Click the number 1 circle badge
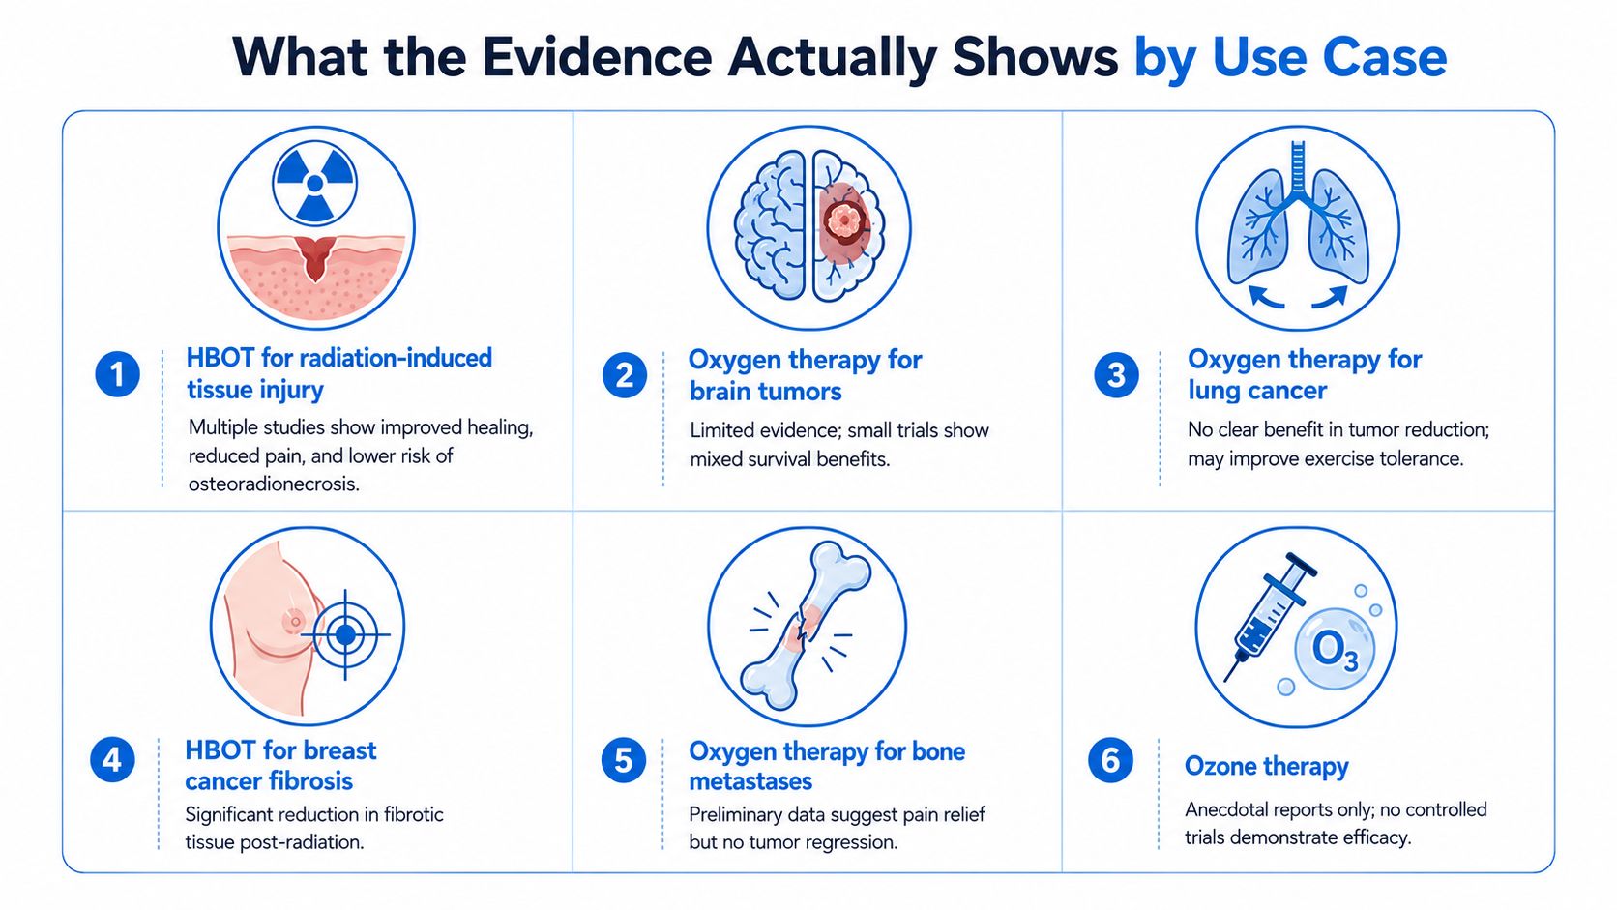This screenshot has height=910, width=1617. click(x=118, y=374)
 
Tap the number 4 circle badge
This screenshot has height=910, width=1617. click(x=112, y=760)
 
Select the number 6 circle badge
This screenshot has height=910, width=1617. click(x=1110, y=760)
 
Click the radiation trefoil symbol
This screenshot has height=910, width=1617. click(x=314, y=184)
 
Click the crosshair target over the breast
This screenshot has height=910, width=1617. click(x=346, y=634)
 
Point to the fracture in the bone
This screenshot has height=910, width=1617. click(x=803, y=629)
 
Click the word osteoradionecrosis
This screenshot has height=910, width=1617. click(x=274, y=484)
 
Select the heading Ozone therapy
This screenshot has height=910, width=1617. click(x=1266, y=766)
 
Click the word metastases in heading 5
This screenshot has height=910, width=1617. click(x=750, y=781)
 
